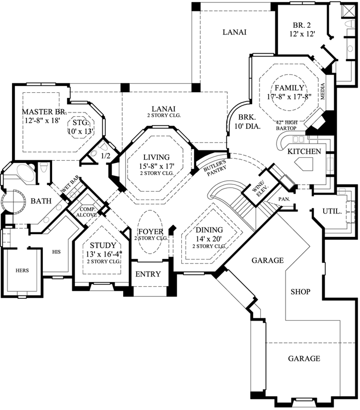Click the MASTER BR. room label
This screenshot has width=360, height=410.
click(44, 111)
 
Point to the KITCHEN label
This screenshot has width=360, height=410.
click(303, 151)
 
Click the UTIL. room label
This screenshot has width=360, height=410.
click(332, 211)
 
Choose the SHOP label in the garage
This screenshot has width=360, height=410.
click(300, 291)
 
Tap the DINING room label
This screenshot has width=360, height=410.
click(209, 230)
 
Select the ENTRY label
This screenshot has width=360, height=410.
click(148, 274)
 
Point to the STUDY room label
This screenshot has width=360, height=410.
click(103, 245)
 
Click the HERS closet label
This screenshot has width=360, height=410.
click(22, 271)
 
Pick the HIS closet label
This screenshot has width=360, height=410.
click(55, 252)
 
